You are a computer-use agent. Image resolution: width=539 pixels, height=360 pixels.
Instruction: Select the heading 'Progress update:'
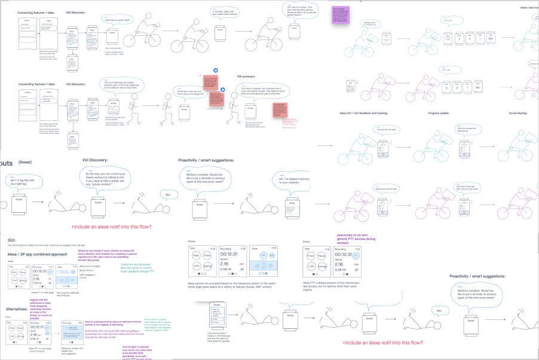point(443,112)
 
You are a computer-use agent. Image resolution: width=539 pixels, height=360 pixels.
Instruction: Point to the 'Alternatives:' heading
point(16,309)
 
